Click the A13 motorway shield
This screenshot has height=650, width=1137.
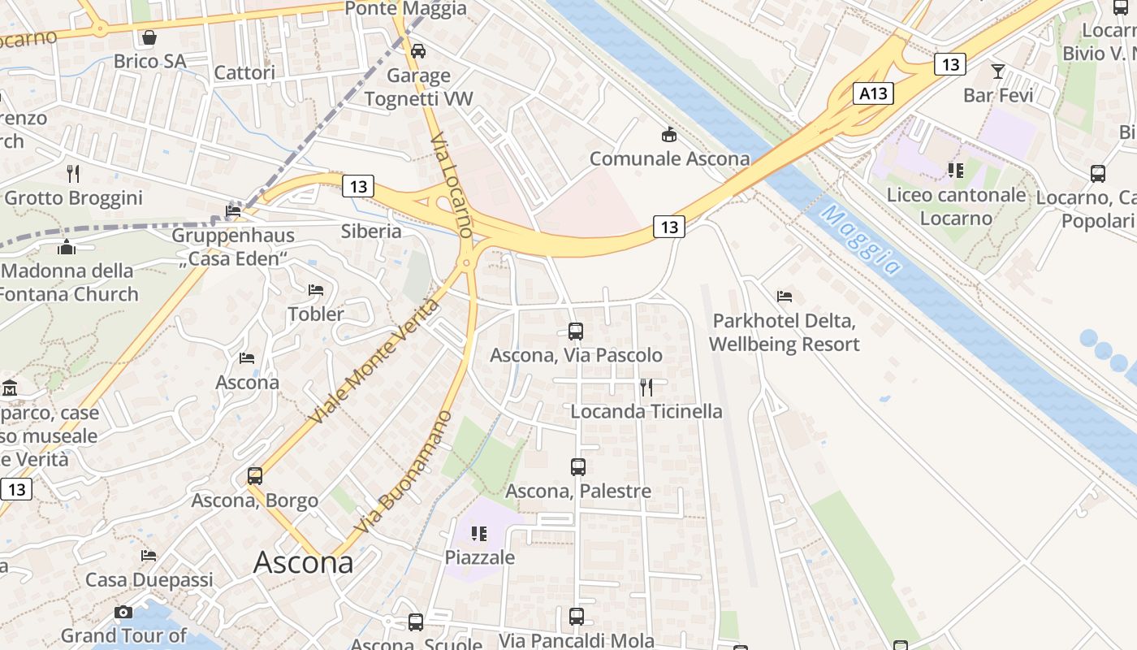[873, 93]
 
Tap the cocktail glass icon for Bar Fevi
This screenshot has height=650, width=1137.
[998, 71]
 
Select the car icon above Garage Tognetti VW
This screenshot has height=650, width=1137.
[418, 50]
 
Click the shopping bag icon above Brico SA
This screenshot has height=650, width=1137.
[149, 37]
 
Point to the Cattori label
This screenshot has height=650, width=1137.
[244, 72]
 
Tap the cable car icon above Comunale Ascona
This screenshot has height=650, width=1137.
[669, 134]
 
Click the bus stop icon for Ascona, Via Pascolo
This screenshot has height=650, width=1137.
[576, 331]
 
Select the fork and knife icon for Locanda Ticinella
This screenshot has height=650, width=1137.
[646, 387]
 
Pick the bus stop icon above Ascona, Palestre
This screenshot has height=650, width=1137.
[578, 466]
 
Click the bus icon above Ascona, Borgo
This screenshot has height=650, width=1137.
[255, 476]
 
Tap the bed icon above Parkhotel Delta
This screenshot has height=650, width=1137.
[784, 297]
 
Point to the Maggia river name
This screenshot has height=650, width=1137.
[860, 240]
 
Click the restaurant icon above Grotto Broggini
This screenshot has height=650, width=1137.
[73, 173]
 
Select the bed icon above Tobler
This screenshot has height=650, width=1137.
[316, 290]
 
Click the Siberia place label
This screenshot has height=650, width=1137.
[371, 231]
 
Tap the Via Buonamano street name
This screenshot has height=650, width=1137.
[404, 473]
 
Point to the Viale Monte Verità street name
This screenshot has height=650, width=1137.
[374, 362]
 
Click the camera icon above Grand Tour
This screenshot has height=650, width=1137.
[123, 612]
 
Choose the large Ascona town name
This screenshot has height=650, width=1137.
[304, 562]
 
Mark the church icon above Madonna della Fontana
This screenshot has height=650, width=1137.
[67, 247]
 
